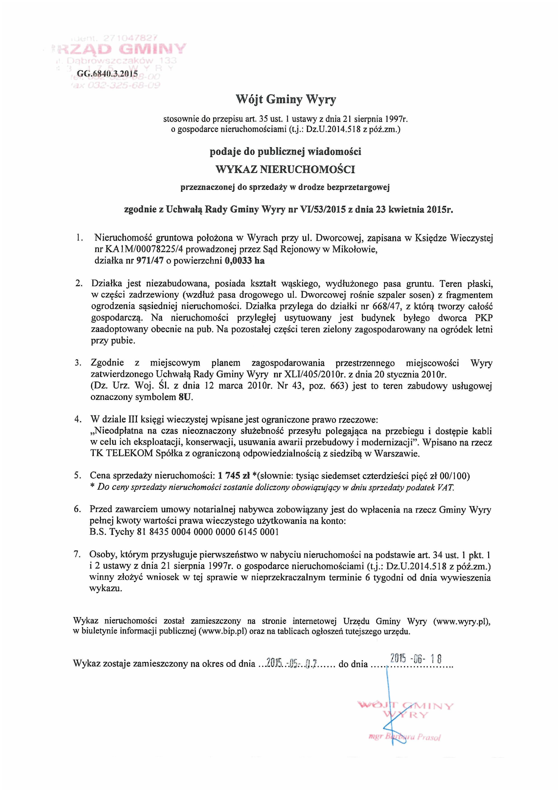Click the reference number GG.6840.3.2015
(107, 73)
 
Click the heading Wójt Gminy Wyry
(286, 100)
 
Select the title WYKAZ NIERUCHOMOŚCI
(285, 170)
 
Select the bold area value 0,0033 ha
(244, 261)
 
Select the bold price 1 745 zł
(233, 476)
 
